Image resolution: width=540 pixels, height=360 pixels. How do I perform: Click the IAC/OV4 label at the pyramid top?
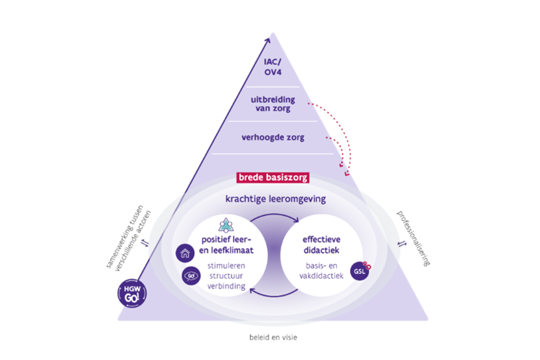[x=273, y=67]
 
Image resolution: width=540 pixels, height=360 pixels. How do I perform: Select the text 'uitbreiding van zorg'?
[x=273, y=104]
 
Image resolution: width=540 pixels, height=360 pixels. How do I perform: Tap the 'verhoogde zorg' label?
[x=273, y=137]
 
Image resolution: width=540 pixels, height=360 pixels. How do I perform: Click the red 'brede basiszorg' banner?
[x=273, y=178]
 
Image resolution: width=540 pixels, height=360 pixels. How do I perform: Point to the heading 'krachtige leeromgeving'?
[x=275, y=199]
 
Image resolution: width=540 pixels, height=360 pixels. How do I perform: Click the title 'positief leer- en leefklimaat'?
[x=226, y=245]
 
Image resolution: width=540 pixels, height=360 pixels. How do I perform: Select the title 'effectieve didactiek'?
[x=321, y=245]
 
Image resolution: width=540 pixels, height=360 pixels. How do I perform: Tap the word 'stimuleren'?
[x=226, y=266]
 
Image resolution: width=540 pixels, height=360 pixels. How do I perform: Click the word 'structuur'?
[x=226, y=276]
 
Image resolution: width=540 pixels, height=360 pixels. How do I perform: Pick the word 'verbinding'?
[x=226, y=286]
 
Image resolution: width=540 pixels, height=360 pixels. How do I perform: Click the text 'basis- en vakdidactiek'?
[x=321, y=270]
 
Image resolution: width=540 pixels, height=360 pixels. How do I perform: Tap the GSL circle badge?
[x=360, y=271]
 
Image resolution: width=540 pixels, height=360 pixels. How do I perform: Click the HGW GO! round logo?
[x=132, y=293]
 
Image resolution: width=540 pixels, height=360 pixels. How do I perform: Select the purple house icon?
[x=185, y=253]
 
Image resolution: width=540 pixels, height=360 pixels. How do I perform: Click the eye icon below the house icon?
[x=191, y=276]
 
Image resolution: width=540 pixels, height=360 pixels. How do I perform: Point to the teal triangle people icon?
[x=226, y=225]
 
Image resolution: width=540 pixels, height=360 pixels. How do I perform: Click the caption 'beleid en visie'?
[x=273, y=337]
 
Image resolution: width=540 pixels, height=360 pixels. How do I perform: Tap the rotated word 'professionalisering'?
[x=413, y=238]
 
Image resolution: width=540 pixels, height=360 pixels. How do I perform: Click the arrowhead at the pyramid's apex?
[x=267, y=40]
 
